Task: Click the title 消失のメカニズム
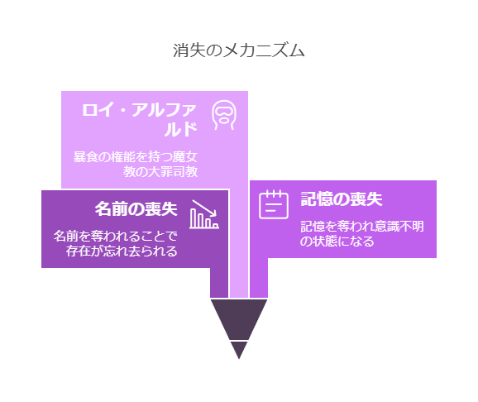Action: click(239, 50)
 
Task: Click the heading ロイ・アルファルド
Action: click(139, 120)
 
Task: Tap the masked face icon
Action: click(224, 115)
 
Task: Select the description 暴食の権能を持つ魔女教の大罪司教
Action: click(136, 164)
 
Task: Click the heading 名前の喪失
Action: click(136, 209)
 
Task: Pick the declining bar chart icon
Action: click(204, 214)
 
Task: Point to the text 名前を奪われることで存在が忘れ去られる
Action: click(116, 243)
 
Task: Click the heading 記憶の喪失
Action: click(342, 199)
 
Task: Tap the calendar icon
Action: click(274, 204)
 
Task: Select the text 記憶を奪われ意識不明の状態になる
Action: click(362, 233)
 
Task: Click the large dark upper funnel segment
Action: click(239, 319)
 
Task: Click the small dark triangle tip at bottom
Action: click(239, 350)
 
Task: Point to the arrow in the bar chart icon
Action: click(204, 208)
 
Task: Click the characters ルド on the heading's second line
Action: click(180, 129)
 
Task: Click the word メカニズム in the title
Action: click(264, 50)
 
